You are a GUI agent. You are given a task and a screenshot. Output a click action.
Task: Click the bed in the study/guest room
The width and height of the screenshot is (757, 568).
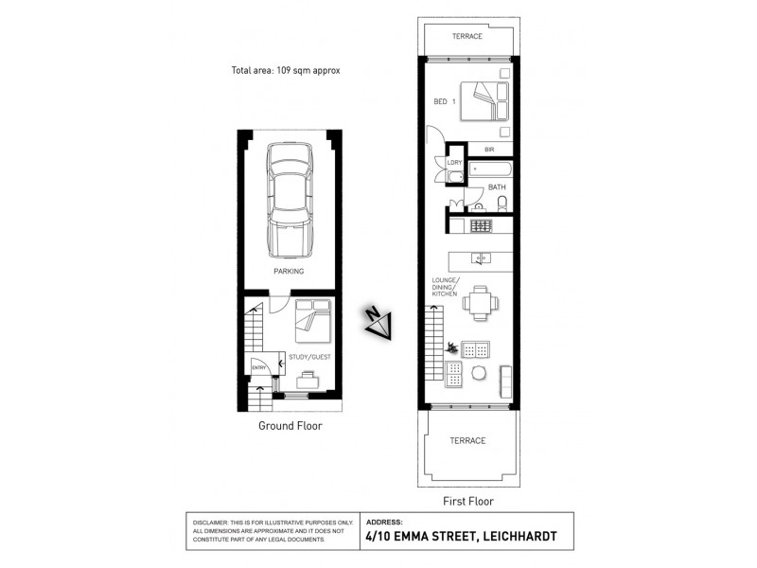311,321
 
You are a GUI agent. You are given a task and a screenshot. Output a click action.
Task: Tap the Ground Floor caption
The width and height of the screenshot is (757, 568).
290,426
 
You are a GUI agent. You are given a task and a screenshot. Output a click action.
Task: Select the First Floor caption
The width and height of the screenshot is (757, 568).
468,502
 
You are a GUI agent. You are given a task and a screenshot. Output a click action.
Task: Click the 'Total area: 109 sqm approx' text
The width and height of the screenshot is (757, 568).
285,70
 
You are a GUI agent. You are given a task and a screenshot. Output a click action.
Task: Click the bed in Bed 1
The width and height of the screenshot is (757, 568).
484,101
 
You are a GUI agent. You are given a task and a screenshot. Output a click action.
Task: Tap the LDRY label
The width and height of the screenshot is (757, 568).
454,163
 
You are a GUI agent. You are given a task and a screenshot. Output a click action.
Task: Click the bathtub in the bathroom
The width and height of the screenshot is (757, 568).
490,171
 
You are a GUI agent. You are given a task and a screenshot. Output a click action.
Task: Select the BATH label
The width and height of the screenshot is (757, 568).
497,187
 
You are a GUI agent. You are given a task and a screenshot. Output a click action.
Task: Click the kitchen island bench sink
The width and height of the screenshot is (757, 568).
481,257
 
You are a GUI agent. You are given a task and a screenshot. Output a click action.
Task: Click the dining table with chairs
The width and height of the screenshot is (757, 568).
478,301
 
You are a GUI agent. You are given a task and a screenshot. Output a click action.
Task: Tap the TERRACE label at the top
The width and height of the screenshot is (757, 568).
467,36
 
